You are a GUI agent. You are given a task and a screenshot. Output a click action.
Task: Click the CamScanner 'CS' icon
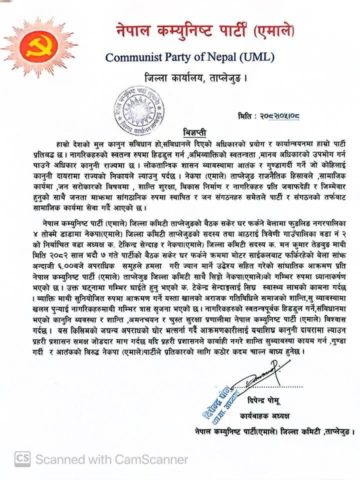pyautogui.click(x=21, y=458)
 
